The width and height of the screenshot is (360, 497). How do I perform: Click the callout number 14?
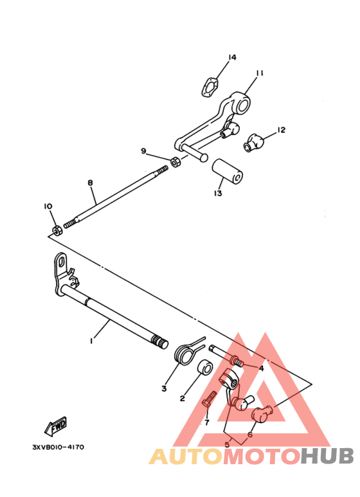pos(232,57)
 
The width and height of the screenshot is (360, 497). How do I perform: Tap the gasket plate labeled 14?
pos(210,87)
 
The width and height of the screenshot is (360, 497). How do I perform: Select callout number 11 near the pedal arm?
pos(260,73)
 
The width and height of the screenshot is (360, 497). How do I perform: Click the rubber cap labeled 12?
pos(255,143)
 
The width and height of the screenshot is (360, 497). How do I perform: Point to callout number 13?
pos(218,193)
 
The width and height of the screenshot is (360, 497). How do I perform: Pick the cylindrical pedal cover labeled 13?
pos(227,172)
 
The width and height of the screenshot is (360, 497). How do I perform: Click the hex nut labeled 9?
pos(175,162)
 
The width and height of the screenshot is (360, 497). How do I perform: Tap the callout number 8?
pos(90,183)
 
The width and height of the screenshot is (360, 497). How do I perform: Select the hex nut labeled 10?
pos(57,230)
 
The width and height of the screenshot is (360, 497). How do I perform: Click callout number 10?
pos(48,206)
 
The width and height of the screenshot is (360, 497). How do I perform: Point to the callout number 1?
pos(91,341)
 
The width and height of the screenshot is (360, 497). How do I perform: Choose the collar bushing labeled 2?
pos(204,367)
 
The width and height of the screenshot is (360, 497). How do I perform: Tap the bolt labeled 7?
pos(210,399)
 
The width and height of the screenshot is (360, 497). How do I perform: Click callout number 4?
pos(261,368)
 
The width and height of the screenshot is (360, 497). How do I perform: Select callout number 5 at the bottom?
pos(227,445)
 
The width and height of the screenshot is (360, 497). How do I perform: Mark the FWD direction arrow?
pos(56,426)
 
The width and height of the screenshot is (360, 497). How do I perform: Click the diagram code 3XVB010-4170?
pos(59,447)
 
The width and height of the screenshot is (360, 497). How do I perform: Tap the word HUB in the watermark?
pos(327,456)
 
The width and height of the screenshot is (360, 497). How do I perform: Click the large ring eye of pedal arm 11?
pos(241,102)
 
